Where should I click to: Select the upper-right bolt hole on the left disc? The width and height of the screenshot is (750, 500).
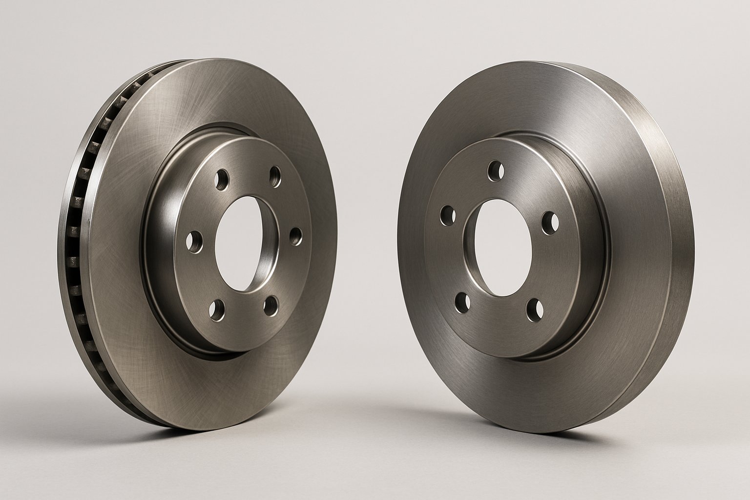pyautogui.click(x=276, y=176)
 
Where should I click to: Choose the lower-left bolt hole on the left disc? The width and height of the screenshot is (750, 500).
pyautogui.click(x=215, y=309)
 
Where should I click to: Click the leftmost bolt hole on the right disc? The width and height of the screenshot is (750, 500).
pyautogui.click(x=446, y=215)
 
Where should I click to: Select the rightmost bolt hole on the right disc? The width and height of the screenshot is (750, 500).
pyautogui.click(x=551, y=221)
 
